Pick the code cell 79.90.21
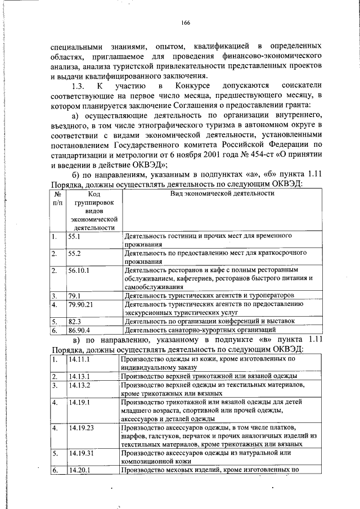click(81, 304)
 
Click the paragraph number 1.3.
click(78, 85)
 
